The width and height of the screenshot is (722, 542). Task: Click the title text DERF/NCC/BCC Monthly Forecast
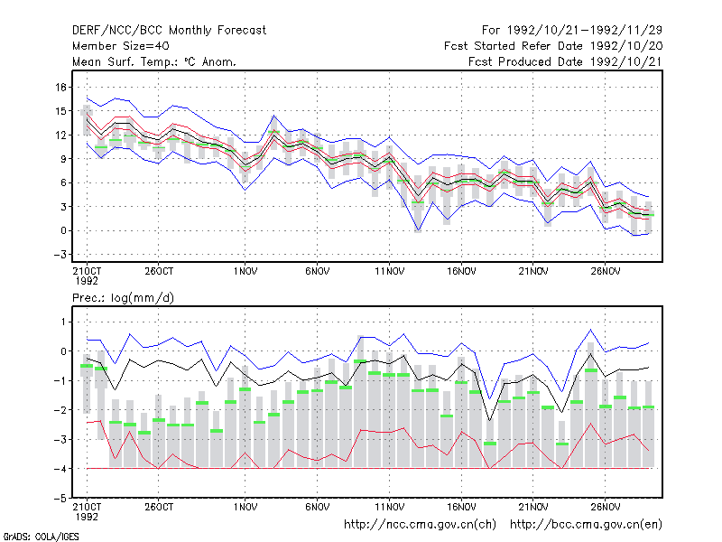click(x=169, y=31)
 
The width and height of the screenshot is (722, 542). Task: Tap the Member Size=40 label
click(x=121, y=46)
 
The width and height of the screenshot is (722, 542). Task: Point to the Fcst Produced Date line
click(x=565, y=61)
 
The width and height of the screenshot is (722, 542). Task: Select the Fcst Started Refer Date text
click(x=553, y=46)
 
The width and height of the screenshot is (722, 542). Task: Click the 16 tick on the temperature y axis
click(x=61, y=87)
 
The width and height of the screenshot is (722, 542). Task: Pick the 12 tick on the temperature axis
click(x=61, y=135)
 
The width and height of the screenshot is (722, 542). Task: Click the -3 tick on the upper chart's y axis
click(x=60, y=255)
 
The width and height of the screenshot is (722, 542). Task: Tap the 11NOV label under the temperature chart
click(x=390, y=272)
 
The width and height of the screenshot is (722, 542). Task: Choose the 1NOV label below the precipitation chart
click(x=245, y=507)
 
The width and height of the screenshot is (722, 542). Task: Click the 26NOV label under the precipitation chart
click(x=605, y=507)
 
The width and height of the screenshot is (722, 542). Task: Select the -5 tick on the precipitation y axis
click(x=60, y=499)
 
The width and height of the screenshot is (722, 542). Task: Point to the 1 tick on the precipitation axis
click(x=63, y=322)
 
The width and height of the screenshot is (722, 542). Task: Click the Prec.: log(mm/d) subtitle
click(x=123, y=298)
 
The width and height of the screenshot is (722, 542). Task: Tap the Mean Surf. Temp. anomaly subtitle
click(x=154, y=61)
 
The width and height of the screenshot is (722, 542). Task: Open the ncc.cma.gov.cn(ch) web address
click(x=420, y=525)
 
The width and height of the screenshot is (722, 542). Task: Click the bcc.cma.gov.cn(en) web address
click(x=586, y=525)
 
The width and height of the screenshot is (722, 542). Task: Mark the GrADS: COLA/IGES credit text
click(x=42, y=537)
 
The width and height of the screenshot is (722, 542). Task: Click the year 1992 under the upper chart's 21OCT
click(x=87, y=281)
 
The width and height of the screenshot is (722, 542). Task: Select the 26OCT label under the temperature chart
click(x=159, y=272)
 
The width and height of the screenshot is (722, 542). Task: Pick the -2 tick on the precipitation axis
click(x=60, y=410)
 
